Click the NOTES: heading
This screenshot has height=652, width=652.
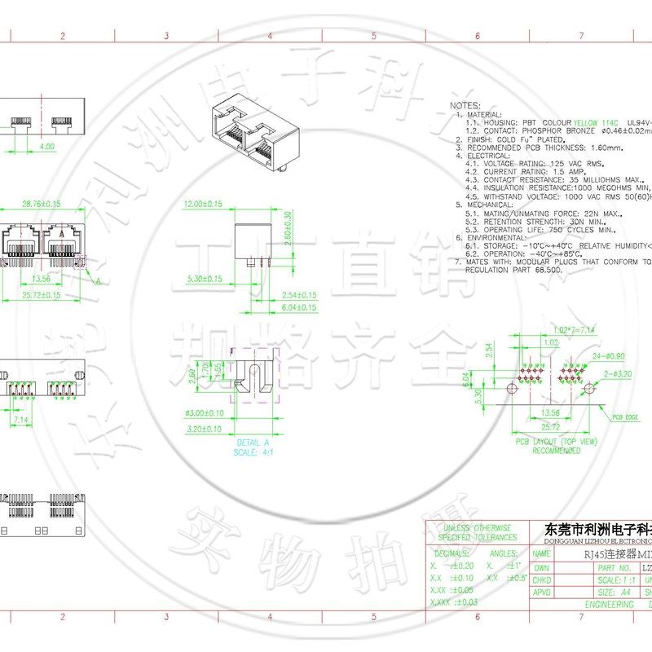(465, 106)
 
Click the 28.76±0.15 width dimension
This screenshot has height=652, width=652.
(41, 203)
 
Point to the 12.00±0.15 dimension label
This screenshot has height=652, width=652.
(203, 203)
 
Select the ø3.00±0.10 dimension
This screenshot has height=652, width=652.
(204, 412)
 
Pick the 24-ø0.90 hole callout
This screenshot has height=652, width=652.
(605, 356)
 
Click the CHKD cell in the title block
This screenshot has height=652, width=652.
(542, 580)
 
